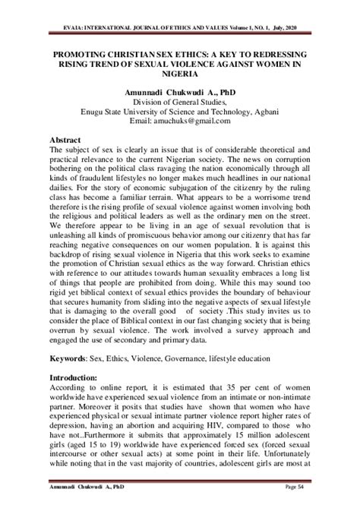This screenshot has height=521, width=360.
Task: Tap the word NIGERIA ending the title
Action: (x=180, y=77)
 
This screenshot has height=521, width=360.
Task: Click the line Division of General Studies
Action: (x=179, y=103)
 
